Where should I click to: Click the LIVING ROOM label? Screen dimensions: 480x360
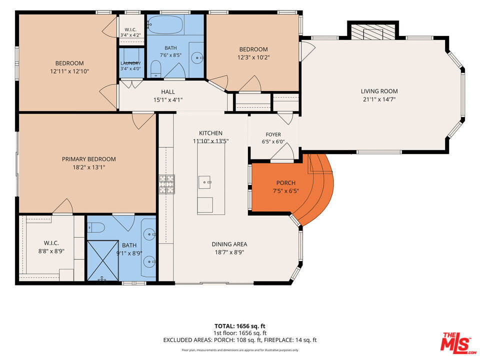pyautogui.click(x=379, y=91)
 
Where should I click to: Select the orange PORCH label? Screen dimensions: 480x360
pyautogui.click(x=286, y=183)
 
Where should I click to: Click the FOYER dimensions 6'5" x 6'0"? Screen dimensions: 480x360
pyautogui.click(x=273, y=142)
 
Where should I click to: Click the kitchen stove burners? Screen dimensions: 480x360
pyautogui.click(x=166, y=184)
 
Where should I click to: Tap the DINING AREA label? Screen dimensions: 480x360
pyautogui.click(x=229, y=244)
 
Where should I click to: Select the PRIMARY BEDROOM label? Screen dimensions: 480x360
pyautogui.click(x=89, y=159)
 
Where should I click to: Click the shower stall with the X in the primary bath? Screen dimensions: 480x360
pyautogui.click(x=103, y=260)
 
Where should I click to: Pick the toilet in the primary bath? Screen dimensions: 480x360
pyautogui.click(x=96, y=228)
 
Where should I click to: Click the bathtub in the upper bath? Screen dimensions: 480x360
pyautogui.click(x=165, y=24)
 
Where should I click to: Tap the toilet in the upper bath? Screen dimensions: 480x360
pyautogui.click(x=156, y=68)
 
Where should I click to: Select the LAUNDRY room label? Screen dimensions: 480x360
pyautogui.click(x=130, y=63)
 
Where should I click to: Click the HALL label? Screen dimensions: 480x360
pyautogui.click(x=168, y=92)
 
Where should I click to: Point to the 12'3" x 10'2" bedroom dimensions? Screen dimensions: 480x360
pyautogui.click(x=253, y=57)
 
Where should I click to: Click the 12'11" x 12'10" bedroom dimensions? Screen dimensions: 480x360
pyautogui.click(x=69, y=71)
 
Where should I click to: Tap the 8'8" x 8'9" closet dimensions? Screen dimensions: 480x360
pyautogui.click(x=51, y=251)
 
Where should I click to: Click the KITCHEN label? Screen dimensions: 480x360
pyautogui.click(x=211, y=133)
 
